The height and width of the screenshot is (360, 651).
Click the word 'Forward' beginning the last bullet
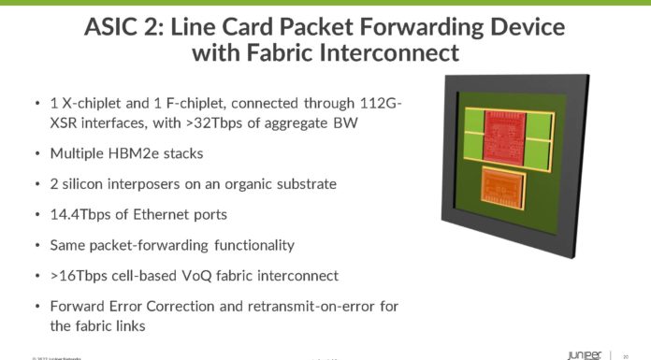(x=81, y=307)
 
